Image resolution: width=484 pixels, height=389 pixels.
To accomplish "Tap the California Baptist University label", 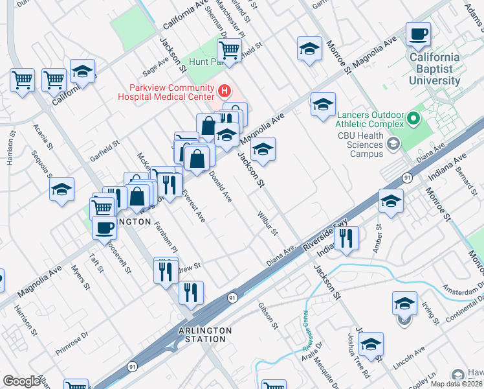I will pyautogui.click(x=435, y=69).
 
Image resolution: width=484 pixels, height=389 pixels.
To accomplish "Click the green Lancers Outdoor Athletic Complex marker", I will pyautogui.click(x=412, y=119).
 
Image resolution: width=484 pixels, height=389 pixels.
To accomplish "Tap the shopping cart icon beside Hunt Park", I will pyautogui.click(x=229, y=50).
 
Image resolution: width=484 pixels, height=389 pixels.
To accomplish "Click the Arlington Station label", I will pyautogui.click(x=204, y=335).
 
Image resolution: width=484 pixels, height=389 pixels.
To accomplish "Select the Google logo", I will pyautogui.click(x=21, y=381).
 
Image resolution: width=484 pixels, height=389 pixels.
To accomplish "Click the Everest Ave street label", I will pyautogui.click(x=193, y=206).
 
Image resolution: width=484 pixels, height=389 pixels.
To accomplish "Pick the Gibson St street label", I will pyautogui.click(x=267, y=316).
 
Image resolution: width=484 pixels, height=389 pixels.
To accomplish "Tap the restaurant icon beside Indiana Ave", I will pyautogui.click(x=347, y=238).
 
